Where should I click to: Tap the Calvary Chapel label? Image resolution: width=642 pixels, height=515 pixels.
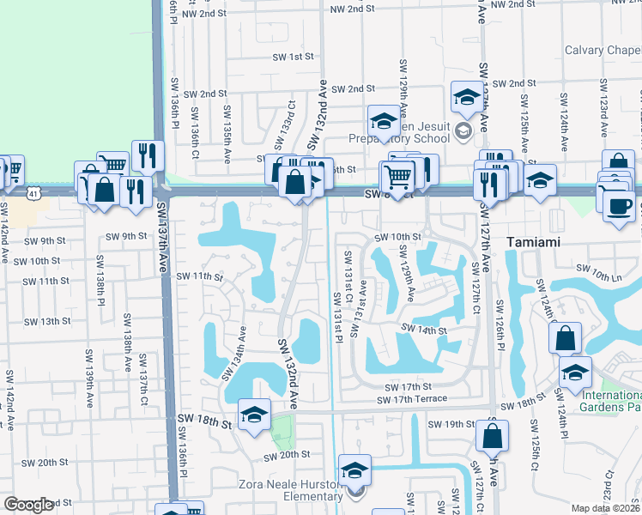pyautogui.click(x=603, y=50)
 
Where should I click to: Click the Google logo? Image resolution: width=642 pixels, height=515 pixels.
pyautogui.click(x=28, y=505)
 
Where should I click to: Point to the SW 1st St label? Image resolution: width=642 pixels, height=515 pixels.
pyautogui.click(x=293, y=57)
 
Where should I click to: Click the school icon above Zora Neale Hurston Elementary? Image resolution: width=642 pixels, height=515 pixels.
pyautogui.click(x=354, y=471)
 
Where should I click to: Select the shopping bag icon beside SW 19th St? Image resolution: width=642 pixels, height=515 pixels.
pyautogui.click(x=495, y=438)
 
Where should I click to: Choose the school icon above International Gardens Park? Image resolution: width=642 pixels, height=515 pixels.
pyautogui.click(x=575, y=373)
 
